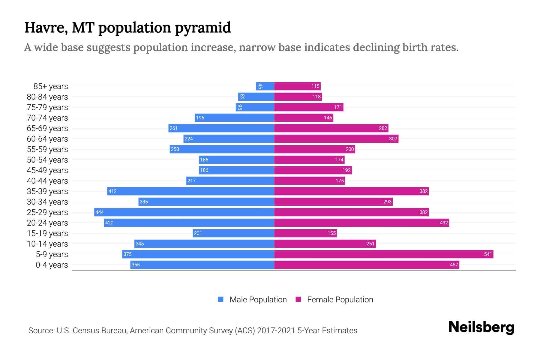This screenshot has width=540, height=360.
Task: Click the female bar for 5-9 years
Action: pyautogui.click(x=383, y=254)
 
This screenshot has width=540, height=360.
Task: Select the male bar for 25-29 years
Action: pyautogui.click(x=184, y=212)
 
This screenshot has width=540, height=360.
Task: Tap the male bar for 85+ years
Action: pyautogui.click(x=265, y=86)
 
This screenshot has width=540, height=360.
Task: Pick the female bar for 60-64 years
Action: pyautogui.click(x=336, y=139)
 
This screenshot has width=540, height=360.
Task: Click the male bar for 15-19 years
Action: pyautogui.click(x=233, y=233)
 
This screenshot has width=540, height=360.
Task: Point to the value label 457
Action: pyautogui.click(x=454, y=265)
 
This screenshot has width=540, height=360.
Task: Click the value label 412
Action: pyautogui.click(x=112, y=191)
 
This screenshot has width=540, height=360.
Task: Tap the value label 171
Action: pyautogui.click(x=338, y=107)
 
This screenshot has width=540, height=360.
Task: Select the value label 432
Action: pyautogui.click(x=444, y=223)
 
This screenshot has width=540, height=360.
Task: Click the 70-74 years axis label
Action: pyautogui.click(x=47, y=118)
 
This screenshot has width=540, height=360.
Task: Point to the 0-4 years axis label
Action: pyautogui.click(x=52, y=265)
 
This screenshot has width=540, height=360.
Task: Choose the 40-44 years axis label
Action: pyautogui.click(x=47, y=181)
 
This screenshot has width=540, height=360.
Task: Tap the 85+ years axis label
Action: pyautogui.click(x=51, y=86)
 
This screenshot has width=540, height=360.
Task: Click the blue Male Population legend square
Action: pyautogui.click(x=221, y=299)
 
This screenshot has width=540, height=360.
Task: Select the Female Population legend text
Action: pyautogui.click(x=340, y=300)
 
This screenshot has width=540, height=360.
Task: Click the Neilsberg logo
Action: pyautogui.click(x=481, y=327)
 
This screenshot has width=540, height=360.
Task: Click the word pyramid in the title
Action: pyautogui.click(x=203, y=28)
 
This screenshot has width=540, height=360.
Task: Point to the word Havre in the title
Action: pyautogui.click(x=46, y=28)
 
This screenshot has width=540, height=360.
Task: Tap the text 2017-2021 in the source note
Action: pyautogui.click(x=276, y=331)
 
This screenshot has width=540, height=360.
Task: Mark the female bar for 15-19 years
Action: pyautogui.click(x=305, y=233)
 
